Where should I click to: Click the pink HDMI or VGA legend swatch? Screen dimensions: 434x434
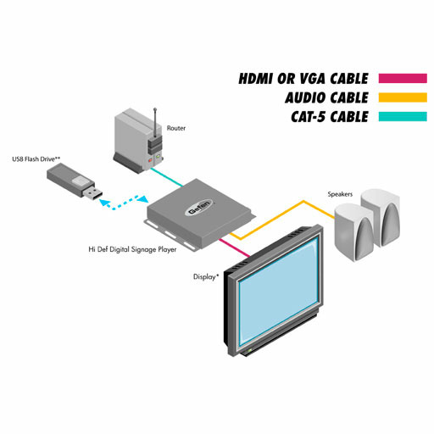coord(403,78)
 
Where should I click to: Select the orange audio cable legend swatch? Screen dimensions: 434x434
coord(403,97)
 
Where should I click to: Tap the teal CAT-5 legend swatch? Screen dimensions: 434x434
coord(403,116)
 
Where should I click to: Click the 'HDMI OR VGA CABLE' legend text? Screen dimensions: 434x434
coord(303,79)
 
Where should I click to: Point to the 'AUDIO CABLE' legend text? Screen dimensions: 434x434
coord(327,97)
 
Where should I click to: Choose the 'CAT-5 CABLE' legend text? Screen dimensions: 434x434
coord(330,117)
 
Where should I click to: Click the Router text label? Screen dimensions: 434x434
coord(176,128)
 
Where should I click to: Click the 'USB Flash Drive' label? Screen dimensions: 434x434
coord(36,159)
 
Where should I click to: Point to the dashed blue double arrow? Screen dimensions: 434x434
coord(124,203)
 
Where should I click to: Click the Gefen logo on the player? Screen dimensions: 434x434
coord(198,208)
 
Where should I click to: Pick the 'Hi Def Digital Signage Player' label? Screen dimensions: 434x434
coord(132,249)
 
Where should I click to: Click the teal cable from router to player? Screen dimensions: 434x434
coord(167,177)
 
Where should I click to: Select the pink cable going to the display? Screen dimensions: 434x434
coord(235,248)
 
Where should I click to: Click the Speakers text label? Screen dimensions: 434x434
coord(340,194)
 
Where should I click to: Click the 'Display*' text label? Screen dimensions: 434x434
coord(206,277)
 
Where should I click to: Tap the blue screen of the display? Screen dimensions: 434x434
coord(279,292)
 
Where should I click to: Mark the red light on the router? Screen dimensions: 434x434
coord(150,160)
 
